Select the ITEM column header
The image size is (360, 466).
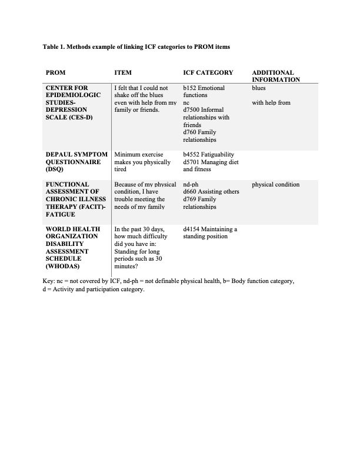[x=123, y=72]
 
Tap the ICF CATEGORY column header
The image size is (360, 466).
[x=208, y=72]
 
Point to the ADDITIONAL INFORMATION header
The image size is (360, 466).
[x=276, y=76]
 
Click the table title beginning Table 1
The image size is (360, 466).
[x=141, y=46]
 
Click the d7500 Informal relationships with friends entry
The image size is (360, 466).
[x=206, y=117]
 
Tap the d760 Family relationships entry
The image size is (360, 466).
[x=200, y=136]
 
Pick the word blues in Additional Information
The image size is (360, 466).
[x=259, y=88]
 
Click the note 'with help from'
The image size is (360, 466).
[x=271, y=102]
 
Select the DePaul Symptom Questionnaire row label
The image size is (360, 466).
[x=76, y=161]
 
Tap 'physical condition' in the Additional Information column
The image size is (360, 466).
[x=275, y=184]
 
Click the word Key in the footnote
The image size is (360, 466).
[x=49, y=281]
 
